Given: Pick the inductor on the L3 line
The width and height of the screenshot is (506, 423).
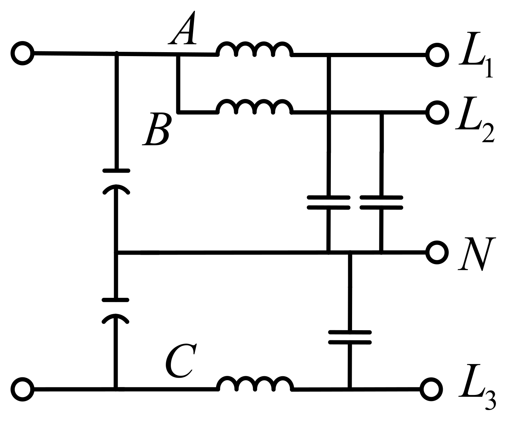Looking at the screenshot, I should pos(255,384).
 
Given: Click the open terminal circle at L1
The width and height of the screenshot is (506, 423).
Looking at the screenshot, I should pos(437,55).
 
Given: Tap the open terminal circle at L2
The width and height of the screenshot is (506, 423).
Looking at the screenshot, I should pos(437,112).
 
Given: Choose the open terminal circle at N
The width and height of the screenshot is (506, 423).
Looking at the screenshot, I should pos(437,253).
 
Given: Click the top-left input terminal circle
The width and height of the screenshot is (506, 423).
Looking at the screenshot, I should pos(23,53).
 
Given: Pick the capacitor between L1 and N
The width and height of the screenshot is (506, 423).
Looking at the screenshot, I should pos(328,202).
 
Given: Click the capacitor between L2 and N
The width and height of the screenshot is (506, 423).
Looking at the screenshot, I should pos(381,202).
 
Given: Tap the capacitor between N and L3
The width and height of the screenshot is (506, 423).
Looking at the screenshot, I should pos(350,337).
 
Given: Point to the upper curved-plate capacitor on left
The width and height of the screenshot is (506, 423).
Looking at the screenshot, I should pos(116,180).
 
